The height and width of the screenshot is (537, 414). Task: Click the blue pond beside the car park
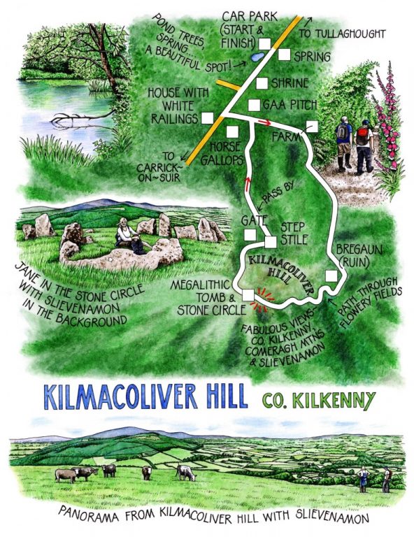(x=257, y=53)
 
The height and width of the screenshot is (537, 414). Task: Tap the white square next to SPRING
(x=284, y=54)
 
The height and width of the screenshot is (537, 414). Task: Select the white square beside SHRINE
(x=262, y=83)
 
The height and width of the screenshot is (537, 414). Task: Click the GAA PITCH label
(x=290, y=104)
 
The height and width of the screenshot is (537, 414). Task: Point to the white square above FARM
(x=311, y=127)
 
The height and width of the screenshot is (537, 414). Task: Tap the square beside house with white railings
(x=207, y=118)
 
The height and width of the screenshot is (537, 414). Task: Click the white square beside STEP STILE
(x=271, y=242)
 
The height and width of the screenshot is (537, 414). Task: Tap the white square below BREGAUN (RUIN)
(x=331, y=275)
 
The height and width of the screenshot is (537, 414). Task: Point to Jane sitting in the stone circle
(x=127, y=235)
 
